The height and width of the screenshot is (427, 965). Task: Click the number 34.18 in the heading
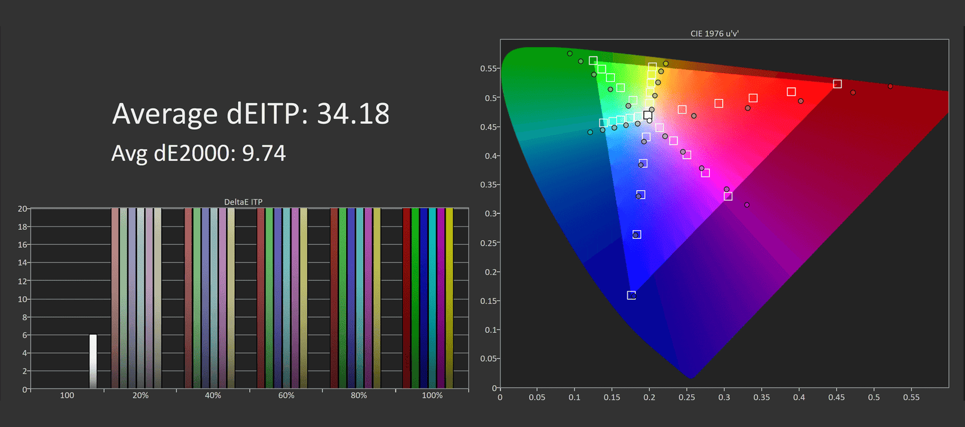pos(353,114)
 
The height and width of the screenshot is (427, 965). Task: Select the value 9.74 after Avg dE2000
pos(264,154)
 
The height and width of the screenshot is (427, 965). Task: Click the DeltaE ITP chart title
pos(243,202)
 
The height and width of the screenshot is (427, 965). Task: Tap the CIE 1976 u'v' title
pos(714,34)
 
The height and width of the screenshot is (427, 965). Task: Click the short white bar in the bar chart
pos(93,361)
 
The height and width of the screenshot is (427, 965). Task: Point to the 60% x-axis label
pos(286,396)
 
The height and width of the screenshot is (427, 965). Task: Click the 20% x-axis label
pos(141,396)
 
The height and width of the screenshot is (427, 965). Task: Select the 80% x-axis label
pos(359,396)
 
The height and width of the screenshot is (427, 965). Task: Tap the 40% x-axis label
pos(213,396)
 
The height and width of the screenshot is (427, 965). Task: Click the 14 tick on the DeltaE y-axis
pos(22,263)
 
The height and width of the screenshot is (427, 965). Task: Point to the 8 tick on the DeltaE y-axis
pos(25,317)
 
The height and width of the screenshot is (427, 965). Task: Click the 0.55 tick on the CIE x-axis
pos(911,397)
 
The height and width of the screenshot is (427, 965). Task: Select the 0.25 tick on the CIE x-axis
pos(686,397)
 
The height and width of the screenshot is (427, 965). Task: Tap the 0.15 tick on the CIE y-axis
pos(489,301)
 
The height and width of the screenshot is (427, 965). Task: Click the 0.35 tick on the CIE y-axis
pos(489,185)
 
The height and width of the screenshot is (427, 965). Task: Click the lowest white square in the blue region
pos(631,296)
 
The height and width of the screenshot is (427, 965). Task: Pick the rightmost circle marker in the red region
pos(890,86)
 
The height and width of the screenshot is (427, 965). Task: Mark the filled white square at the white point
pos(648,115)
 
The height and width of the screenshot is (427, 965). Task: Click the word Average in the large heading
pos(165,114)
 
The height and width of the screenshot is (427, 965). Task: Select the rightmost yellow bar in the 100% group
pos(449,298)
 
